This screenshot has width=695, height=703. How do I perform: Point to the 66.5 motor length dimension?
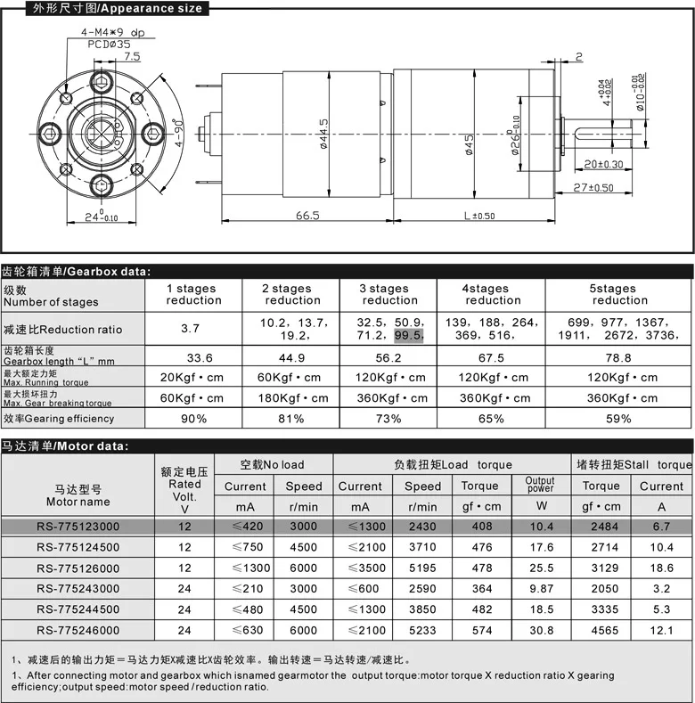[x=307, y=216]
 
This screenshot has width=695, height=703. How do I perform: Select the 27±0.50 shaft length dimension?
[x=594, y=187]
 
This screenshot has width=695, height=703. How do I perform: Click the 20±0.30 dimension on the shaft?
[x=603, y=164]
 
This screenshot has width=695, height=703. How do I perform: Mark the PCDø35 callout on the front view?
[x=109, y=43]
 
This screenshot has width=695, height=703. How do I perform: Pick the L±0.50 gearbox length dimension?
[x=479, y=216]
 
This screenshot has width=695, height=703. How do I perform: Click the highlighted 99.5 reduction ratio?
[x=410, y=336]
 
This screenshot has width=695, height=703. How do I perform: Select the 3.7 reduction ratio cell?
[x=191, y=329]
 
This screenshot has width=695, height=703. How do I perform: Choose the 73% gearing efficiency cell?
[x=388, y=418]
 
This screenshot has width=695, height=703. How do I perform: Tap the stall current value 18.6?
[x=661, y=568]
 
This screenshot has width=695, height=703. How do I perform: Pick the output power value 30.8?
[x=540, y=630]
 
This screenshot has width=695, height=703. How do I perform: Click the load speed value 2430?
[x=422, y=527]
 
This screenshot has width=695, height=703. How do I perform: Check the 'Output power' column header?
[x=540, y=485]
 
